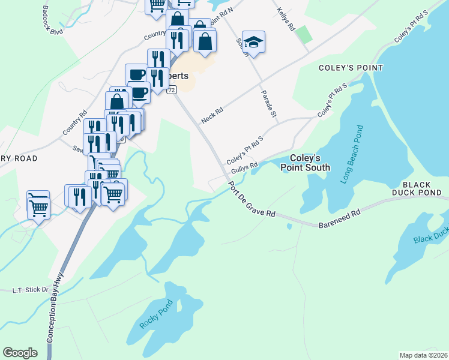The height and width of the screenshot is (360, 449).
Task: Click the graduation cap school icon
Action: [x=254, y=43]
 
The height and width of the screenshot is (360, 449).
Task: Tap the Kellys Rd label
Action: [x=286, y=19]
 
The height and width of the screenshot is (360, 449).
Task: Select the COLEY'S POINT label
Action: [x=351, y=68]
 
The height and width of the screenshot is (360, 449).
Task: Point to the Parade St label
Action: [x=268, y=104]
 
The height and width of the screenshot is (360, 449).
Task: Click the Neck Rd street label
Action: [x=212, y=115]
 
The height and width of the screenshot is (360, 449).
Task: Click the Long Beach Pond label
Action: [x=352, y=155]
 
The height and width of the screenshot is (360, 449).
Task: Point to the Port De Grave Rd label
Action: [x=252, y=199]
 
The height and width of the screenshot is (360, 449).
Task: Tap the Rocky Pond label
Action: [x=155, y=313]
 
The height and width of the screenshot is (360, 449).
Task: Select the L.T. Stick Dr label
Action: [x=30, y=290]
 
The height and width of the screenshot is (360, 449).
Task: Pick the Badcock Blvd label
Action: [x=53, y=20]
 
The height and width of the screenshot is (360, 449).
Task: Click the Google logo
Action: [x=20, y=353]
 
